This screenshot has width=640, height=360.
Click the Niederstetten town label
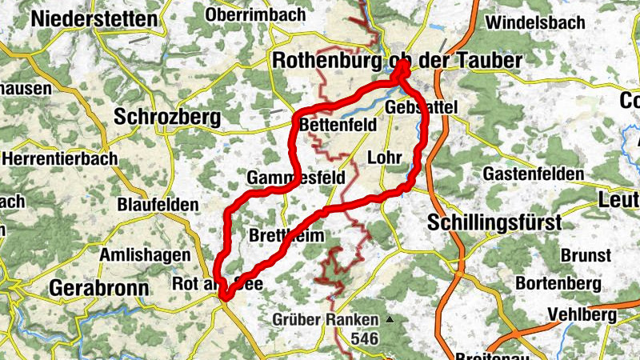[94, 18]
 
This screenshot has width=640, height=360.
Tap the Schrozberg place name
[167, 117]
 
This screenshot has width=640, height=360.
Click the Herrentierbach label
[60, 158]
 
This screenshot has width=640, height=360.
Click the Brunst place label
[586, 254]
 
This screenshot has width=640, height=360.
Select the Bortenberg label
[558, 283]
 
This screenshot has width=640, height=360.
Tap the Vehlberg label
[583, 315]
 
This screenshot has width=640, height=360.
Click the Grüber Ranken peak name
[328, 320]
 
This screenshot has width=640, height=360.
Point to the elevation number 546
[363, 339]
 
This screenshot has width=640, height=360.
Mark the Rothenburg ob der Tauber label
[397, 60]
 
